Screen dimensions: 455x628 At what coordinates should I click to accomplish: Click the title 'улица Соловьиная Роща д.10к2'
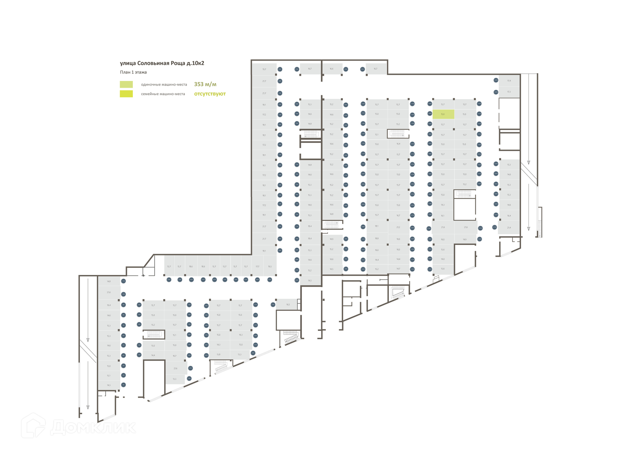click(x=162, y=63)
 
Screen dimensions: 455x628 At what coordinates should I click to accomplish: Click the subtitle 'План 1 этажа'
click(x=133, y=72)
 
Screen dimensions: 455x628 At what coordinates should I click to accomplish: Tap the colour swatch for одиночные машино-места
click(x=126, y=84)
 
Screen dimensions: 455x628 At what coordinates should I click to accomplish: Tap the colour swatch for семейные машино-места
click(x=126, y=94)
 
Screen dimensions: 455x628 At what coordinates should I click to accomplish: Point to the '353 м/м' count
click(x=205, y=84)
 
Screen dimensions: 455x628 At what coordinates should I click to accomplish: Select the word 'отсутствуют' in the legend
click(x=210, y=94)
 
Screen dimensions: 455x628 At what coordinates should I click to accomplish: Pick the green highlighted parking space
click(x=443, y=114)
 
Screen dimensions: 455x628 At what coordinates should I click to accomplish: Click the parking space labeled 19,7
click(x=264, y=69)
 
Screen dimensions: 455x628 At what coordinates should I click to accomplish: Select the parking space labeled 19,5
click(x=270, y=267)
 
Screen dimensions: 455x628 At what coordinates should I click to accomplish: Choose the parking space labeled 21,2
click(x=398, y=227)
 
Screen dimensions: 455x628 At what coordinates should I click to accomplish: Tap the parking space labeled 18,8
click(x=377, y=238)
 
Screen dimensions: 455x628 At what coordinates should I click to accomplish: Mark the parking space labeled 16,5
click(x=288, y=304)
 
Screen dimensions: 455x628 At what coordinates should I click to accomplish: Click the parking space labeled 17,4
click(x=509, y=81)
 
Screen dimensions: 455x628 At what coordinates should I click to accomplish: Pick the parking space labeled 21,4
click(x=509, y=228)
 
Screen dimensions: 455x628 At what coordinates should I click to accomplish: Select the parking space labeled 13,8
click(x=218, y=354)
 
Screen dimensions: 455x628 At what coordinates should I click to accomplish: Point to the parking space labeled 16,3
click(x=241, y=335)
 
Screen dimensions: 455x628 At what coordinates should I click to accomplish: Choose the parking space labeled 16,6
click(x=332, y=69)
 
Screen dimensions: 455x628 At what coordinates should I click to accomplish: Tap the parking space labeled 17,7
click(x=257, y=267)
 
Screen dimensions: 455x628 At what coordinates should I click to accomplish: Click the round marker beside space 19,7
click(x=280, y=69)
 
